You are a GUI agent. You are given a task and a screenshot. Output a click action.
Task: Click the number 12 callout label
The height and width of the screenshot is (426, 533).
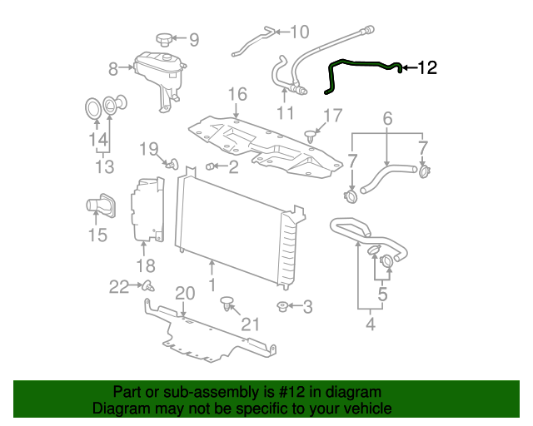[x=426, y=68]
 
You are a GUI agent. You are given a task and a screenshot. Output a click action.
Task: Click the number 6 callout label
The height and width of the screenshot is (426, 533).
[x=387, y=120]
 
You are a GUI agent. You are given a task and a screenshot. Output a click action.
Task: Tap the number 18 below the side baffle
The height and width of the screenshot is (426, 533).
[x=146, y=266]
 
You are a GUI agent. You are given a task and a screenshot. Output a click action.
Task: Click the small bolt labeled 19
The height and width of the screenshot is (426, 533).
[x=172, y=163]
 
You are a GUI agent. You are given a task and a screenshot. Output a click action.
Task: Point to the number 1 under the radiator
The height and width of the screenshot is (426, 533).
[x=212, y=285]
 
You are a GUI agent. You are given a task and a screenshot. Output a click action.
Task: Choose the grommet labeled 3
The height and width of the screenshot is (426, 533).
[x=284, y=307]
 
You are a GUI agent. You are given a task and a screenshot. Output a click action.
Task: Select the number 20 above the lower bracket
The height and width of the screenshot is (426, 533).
[x=184, y=293]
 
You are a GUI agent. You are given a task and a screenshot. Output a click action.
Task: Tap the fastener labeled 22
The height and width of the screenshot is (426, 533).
[x=147, y=286]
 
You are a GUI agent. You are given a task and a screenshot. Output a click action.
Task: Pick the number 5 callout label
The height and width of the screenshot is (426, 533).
[x=382, y=294]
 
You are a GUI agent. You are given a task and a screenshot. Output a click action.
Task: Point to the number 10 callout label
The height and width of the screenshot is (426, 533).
[x=298, y=32]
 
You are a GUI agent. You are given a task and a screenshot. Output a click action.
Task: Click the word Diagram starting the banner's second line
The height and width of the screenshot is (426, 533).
[x=122, y=409]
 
